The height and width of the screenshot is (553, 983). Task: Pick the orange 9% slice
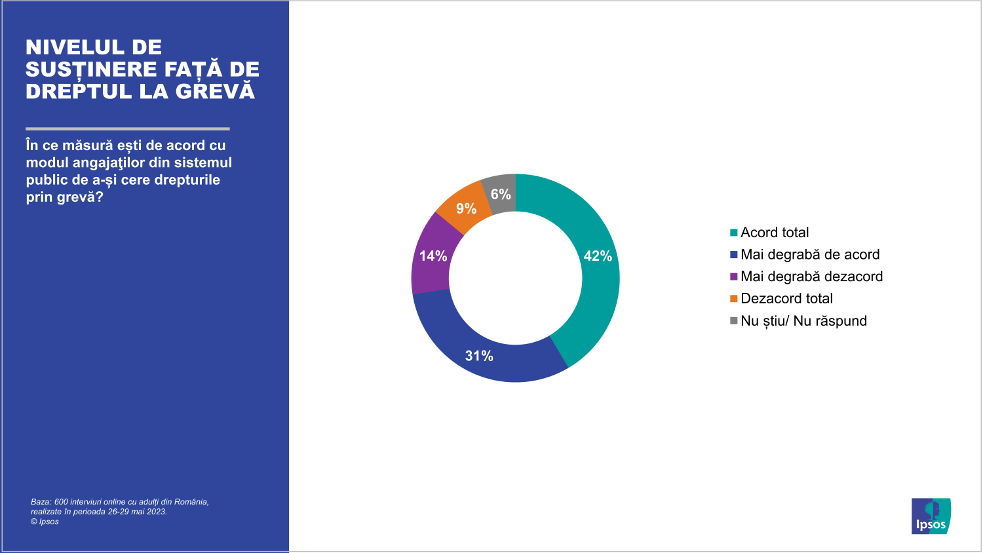click(x=466, y=208)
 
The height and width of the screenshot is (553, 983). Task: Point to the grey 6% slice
click(x=501, y=194)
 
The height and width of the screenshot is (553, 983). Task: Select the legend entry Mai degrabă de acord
click(x=810, y=254)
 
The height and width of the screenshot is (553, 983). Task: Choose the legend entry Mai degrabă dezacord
click(x=811, y=276)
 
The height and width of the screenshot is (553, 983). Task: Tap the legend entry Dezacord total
click(x=786, y=299)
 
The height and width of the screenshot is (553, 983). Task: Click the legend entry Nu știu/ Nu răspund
click(x=803, y=321)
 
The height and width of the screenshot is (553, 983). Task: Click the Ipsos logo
click(x=931, y=516)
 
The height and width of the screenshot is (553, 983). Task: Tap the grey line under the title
click(x=128, y=128)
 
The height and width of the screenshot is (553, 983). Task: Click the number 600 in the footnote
click(x=61, y=502)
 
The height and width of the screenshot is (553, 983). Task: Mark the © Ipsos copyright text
click(x=45, y=522)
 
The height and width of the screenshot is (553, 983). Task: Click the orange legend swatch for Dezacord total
click(x=733, y=299)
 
